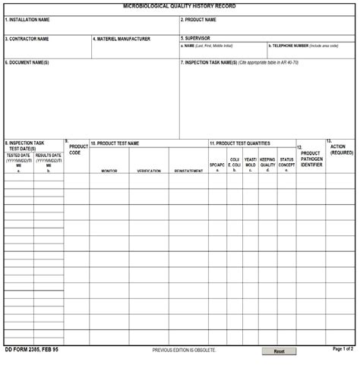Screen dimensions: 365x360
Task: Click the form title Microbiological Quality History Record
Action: pyautogui.click(x=179, y=5)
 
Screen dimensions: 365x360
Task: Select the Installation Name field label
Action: pyautogui.click(x=28, y=20)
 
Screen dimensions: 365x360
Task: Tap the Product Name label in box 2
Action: pyautogui.click(x=200, y=20)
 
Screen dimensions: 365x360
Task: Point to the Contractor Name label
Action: pyautogui.click(x=27, y=39)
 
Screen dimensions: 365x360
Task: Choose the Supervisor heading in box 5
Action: pyautogui.click(x=197, y=37)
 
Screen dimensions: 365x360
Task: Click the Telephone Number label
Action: pyautogui.click(x=290, y=46)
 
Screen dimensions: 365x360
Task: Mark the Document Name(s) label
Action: pyautogui.click(x=28, y=62)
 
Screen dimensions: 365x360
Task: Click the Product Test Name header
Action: pyautogui.click(x=115, y=143)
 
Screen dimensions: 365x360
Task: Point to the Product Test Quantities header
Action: pyautogui.click(x=241, y=143)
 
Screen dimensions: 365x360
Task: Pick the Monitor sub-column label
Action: pyautogui.click(x=109, y=171)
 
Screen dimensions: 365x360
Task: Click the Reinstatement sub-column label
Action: pyautogui.click(x=188, y=171)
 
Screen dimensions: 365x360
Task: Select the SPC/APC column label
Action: pyautogui.click(x=217, y=165)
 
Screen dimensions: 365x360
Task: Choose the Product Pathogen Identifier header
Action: pyautogui.click(x=311, y=158)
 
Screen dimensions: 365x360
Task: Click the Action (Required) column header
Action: pyautogui.click(x=342, y=149)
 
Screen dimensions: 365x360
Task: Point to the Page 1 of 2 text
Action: pyautogui.click(x=343, y=349)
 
